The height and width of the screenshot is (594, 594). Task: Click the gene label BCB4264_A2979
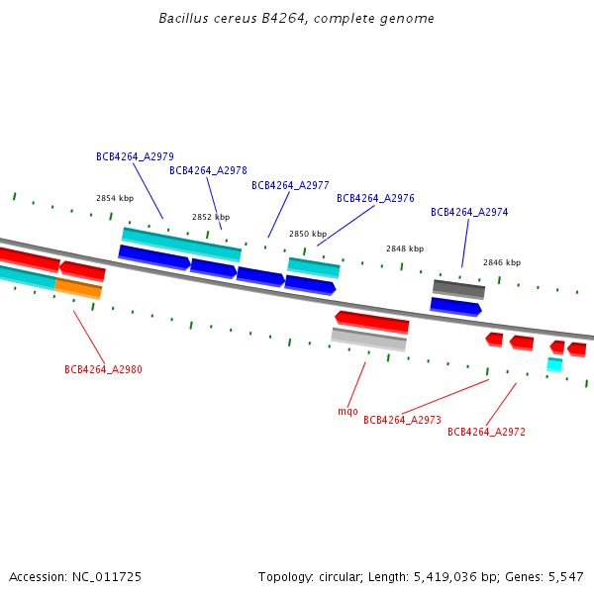click(135, 156)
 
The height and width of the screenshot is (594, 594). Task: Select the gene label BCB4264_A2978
click(208, 170)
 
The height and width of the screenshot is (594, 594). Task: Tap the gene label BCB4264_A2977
click(290, 185)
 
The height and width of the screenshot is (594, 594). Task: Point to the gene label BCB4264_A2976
click(375, 198)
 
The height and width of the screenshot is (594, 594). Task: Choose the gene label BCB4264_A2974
click(469, 212)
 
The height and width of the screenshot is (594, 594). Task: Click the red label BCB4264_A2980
click(103, 369)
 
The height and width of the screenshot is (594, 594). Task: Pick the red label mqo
click(347, 411)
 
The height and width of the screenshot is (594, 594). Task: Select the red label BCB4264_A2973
click(402, 420)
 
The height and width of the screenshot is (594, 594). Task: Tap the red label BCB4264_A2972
click(486, 432)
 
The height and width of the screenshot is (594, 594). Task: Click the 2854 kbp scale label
click(114, 198)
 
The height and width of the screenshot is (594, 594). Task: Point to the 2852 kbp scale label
click(211, 217)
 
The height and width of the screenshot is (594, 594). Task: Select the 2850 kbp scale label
click(308, 234)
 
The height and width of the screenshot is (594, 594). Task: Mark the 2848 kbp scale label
click(405, 248)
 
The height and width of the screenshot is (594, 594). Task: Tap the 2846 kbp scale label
click(502, 262)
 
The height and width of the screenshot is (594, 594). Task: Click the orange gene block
click(78, 288)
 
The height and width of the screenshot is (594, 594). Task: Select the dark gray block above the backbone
click(458, 289)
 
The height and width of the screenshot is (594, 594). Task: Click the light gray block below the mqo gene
click(368, 340)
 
